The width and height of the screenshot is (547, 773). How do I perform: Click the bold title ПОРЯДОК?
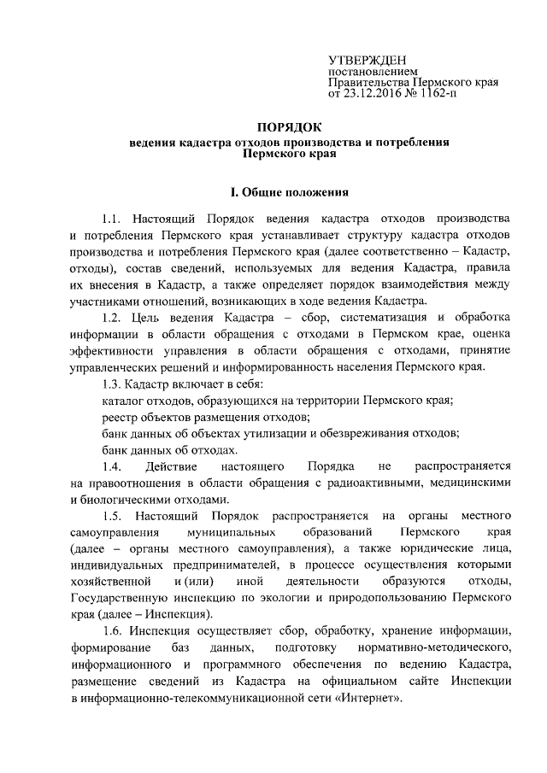tap(289, 127)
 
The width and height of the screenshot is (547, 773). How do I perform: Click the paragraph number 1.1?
tap(112, 209)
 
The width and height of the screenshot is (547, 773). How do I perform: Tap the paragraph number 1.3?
tap(112, 384)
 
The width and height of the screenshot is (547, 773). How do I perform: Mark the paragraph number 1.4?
tap(112, 466)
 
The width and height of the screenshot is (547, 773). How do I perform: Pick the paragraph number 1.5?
tap(112, 515)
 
